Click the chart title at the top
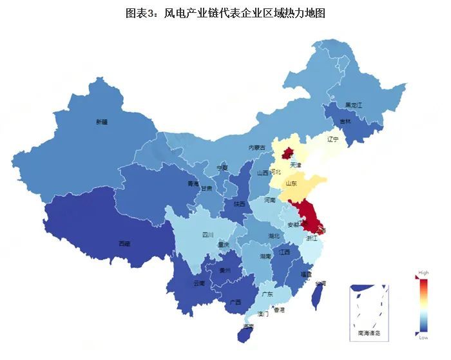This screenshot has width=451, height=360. coord(225,13)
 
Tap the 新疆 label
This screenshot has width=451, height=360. coord(102,122)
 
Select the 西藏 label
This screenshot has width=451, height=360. coord(124,244)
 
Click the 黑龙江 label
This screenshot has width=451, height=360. coord(354,104)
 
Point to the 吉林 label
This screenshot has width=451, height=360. coord(345,121)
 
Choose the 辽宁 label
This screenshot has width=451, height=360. coord(332,138)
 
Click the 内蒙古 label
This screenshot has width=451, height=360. coord(257,147)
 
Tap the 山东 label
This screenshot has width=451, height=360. coord(291,184)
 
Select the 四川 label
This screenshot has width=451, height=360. coord(207,234)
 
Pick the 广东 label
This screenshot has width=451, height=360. coord(267,294)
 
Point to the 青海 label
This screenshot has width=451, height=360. coord(193,184)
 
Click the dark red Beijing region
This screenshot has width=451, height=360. coord(287,153)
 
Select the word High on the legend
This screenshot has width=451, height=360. coord(423,272)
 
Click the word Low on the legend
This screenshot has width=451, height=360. coord(423,337)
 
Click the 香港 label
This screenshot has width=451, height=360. coord(279,310)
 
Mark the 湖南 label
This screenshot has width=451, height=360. coord(265,256)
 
